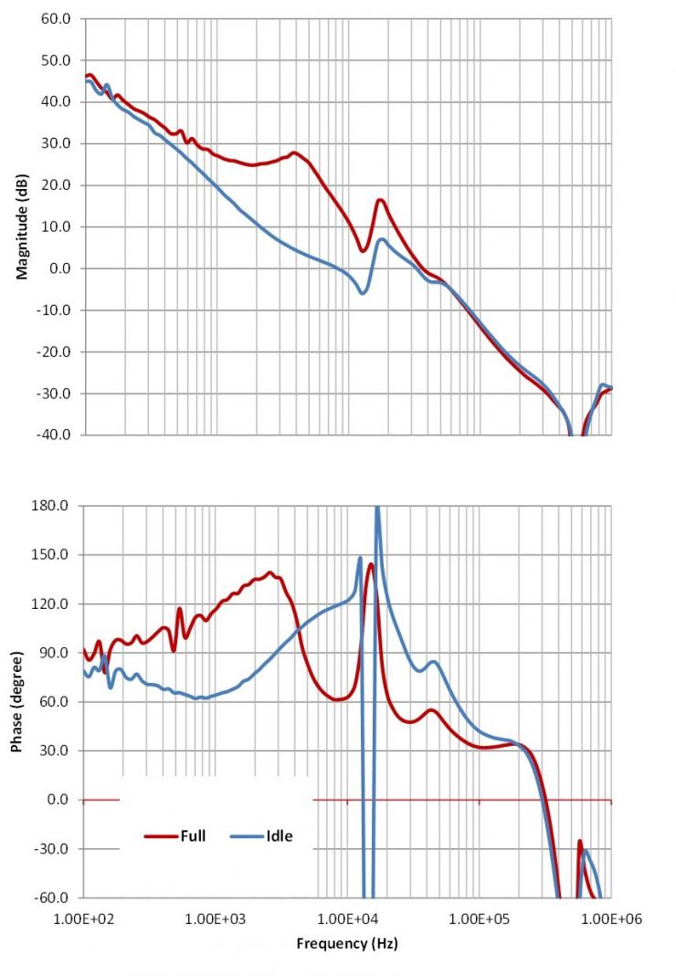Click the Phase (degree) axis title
click(17, 701)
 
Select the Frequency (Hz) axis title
click(347, 943)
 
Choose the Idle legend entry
click(279, 835)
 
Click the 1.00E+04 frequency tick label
click(348, 918)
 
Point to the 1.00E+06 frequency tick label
click(610, 918)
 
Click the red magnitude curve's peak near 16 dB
click(380, 200)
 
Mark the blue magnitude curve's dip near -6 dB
click(363, 292)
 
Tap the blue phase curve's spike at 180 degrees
click(377, 509)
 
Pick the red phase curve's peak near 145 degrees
click(371, 564)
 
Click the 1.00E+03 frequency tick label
click(216, 918)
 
